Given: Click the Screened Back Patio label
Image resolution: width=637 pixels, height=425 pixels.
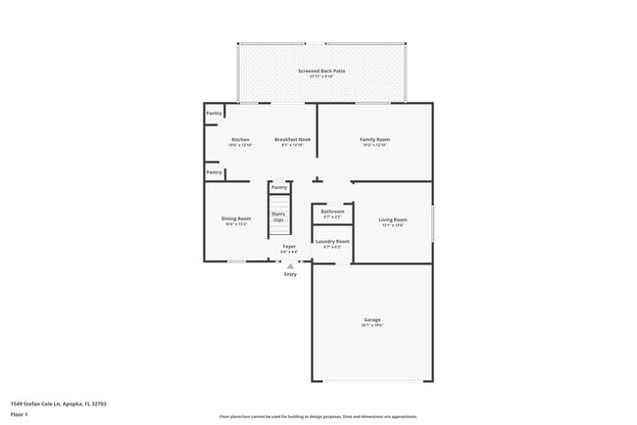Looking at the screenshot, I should point(321,71).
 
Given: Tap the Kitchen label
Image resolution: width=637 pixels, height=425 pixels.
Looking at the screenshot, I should point(240,140).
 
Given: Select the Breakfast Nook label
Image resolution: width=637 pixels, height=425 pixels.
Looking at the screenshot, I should point(293,140).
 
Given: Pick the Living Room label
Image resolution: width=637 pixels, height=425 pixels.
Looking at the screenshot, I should point(392,219).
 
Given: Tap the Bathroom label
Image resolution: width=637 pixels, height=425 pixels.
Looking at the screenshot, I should point(332,212).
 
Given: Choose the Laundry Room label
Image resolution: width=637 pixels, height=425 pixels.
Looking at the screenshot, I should point(332,241).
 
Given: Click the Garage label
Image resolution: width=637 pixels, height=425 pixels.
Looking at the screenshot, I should point(372,320).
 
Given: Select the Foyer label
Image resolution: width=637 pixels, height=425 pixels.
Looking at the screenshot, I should point(289,246).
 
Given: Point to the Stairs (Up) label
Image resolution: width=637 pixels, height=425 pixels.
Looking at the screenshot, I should point(278,217).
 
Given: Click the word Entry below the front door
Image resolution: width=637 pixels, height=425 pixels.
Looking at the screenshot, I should point(290,274).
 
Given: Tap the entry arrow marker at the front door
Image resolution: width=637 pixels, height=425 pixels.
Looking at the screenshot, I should point(290,264).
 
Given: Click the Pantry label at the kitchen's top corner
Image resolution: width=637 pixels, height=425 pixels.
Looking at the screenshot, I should point(214,114).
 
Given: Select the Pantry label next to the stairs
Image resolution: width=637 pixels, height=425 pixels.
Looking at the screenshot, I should point(279,187).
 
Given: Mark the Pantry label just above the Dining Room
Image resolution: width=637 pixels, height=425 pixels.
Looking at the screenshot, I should point(214,172).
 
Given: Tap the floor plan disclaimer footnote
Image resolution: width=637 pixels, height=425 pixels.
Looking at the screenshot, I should point(318,417).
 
